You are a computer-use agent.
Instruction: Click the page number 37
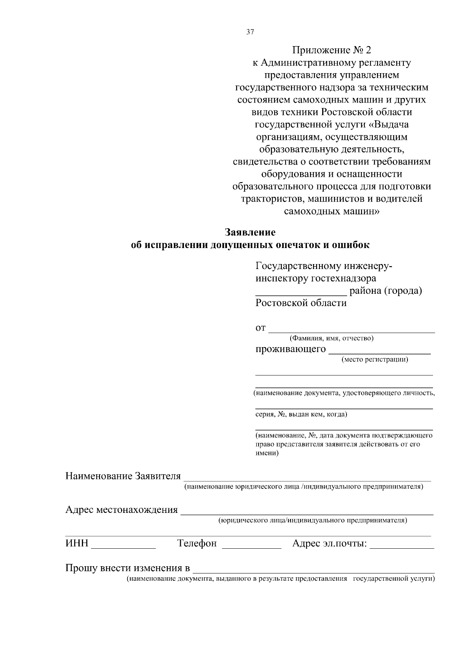[250, 32]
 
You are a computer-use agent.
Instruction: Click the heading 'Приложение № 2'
[331, 50]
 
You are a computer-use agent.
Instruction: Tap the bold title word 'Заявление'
[250, 232]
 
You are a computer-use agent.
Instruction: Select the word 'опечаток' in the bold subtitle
[298, 245]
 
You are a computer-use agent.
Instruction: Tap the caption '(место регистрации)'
[375, 359]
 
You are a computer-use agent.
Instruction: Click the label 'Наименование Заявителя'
[123, 476]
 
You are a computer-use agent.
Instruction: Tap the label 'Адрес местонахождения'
[121, 510]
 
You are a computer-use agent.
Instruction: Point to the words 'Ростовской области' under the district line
[301, 303]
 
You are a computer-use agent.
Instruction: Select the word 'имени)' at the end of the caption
[267, 453]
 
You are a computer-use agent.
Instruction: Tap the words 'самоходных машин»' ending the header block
[331, 211]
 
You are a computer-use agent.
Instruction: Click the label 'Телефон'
[197, 543]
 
